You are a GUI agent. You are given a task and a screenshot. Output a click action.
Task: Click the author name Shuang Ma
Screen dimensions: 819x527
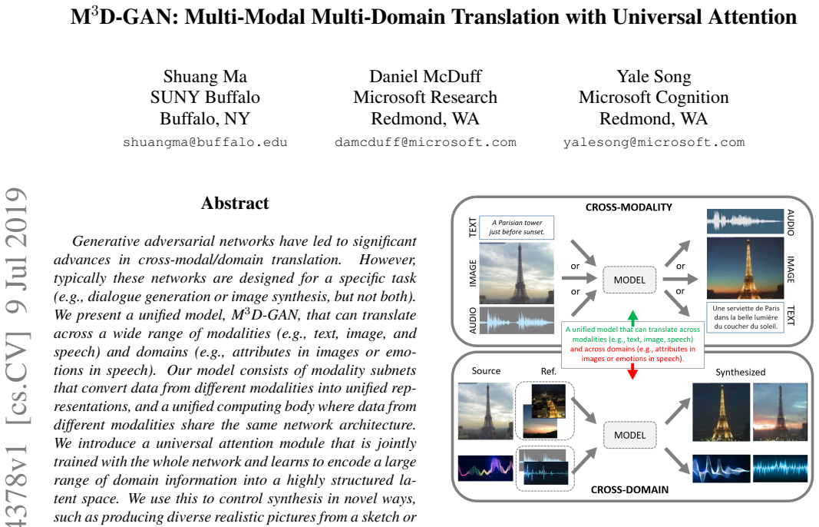tap(205, 77)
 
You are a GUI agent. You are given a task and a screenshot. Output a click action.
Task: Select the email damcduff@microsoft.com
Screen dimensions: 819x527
tap(425, 142)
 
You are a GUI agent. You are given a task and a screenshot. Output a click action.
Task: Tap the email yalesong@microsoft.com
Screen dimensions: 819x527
tap(653, 142)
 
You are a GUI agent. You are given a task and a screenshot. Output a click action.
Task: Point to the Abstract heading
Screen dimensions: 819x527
tap(235, 203)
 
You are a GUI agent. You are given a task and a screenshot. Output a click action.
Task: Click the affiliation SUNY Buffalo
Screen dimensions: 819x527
tap(205, 98)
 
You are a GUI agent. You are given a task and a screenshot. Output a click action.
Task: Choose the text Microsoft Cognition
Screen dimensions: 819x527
tap(653, 98)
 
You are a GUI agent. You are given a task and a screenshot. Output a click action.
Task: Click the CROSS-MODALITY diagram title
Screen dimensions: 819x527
tap(629, 207)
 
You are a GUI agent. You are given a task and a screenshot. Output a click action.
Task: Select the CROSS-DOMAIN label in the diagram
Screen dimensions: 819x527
tap(629, 489)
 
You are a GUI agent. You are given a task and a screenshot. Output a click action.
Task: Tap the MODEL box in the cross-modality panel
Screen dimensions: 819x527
tap(629, 280)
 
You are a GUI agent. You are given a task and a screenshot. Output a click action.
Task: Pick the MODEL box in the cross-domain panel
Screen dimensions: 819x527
tap(629, 435)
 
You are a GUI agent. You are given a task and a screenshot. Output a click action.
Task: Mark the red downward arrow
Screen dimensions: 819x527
tap(632, 371)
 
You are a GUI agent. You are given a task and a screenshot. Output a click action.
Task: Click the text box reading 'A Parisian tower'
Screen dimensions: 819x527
tap(516, 227)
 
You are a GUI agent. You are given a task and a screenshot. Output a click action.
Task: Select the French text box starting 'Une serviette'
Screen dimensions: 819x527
tap(745, 317)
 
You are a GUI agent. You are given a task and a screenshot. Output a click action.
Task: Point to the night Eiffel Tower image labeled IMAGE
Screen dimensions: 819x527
tap(745, 268)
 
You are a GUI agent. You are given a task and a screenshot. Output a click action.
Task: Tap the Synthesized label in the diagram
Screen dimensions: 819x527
tap(740, 373)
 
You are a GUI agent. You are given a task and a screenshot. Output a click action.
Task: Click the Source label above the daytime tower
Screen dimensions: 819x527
tap(486, 371)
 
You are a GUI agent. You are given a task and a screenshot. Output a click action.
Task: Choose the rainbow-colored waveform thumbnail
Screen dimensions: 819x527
tap(485, 468)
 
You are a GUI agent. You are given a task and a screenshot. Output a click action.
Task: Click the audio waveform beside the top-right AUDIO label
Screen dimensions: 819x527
tap(745, 221)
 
